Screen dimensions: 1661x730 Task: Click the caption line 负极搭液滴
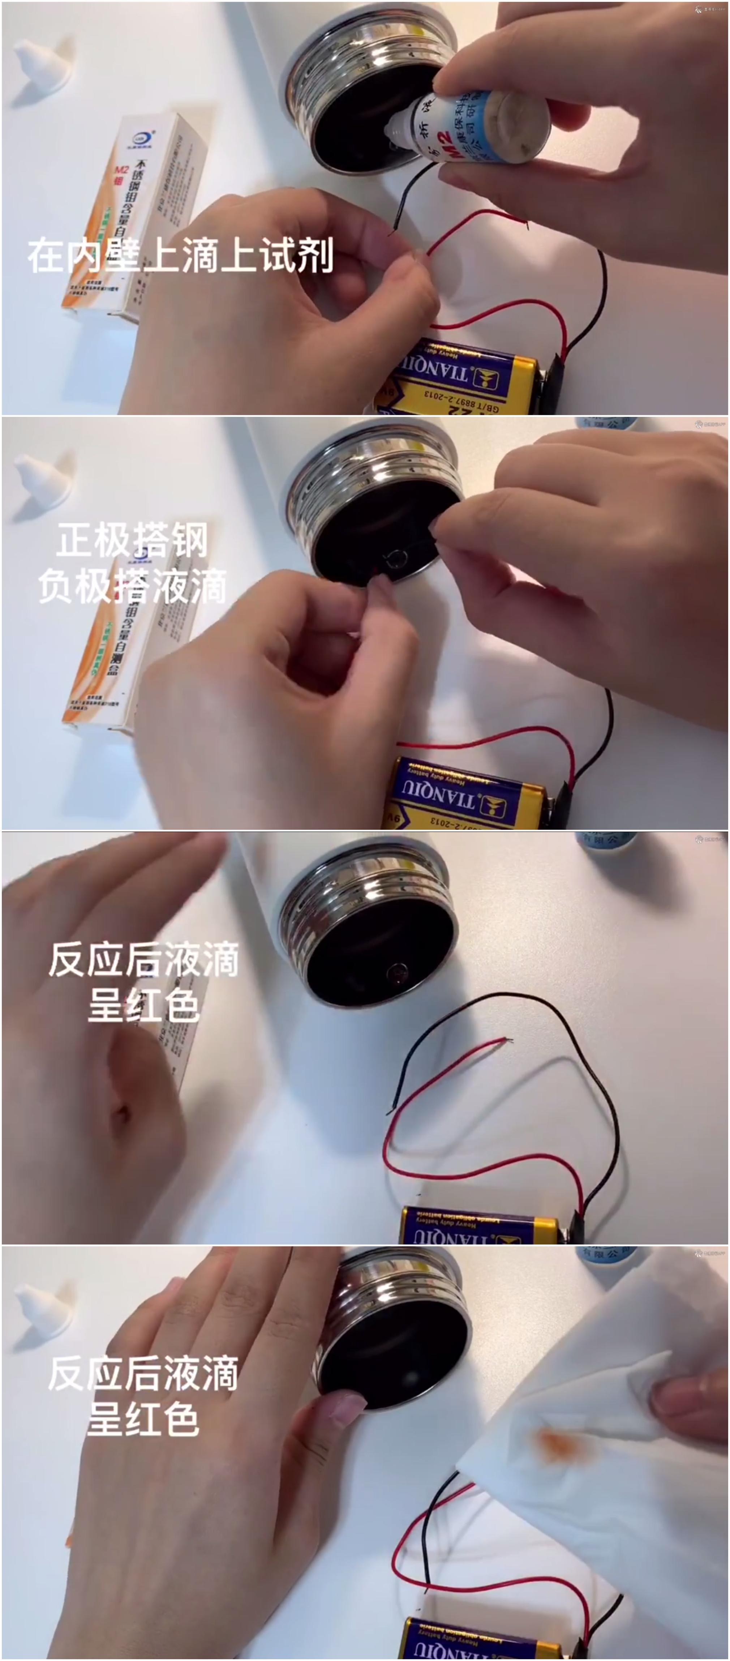132,586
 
